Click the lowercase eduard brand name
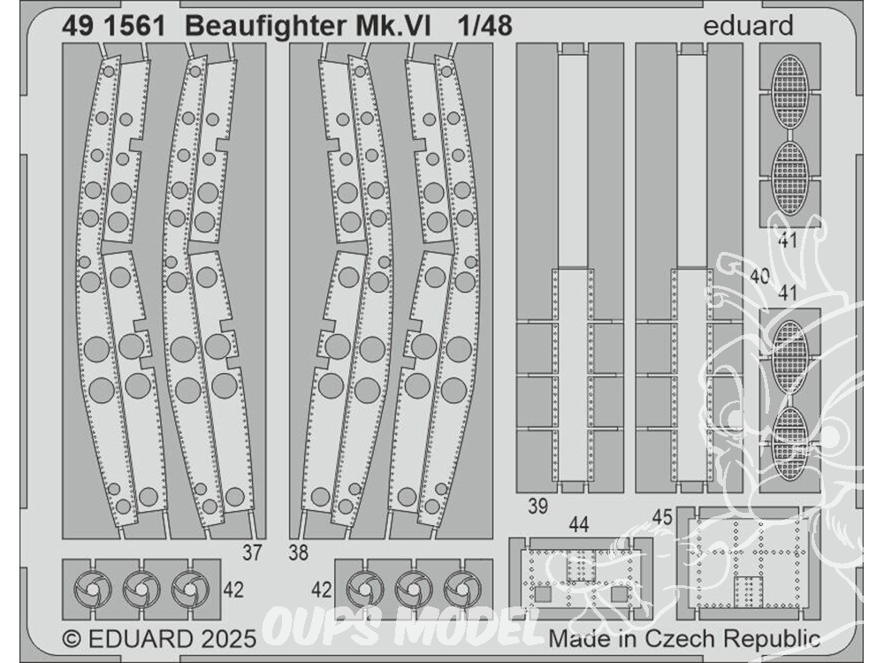749,27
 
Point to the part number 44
578,525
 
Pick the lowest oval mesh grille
790,438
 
